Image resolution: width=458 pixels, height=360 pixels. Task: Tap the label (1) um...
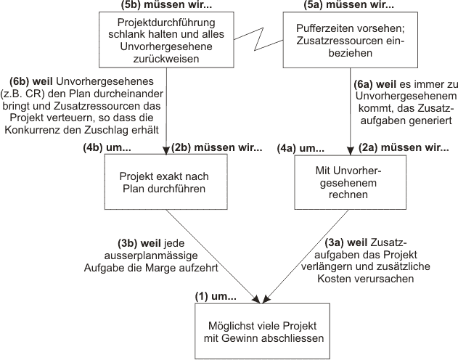(216, 296)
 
